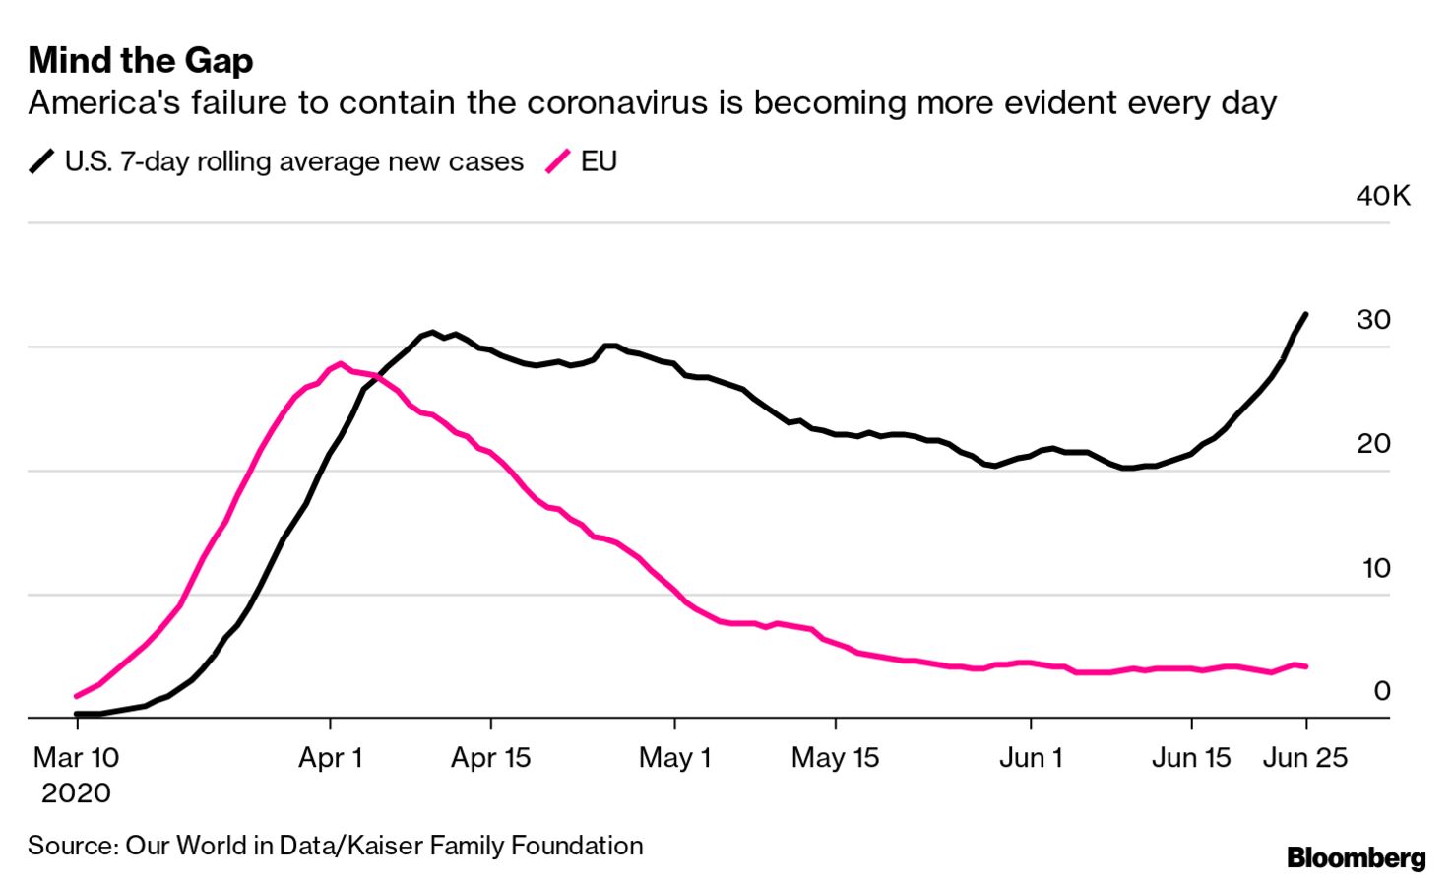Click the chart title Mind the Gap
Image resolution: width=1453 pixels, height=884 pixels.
coord(141,61)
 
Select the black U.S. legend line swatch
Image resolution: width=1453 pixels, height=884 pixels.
coord(41,161)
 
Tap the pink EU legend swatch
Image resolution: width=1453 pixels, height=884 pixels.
coord(558,161)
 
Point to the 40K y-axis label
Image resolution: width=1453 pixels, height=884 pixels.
coord(1382,196)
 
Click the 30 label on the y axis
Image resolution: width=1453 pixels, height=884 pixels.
coord(1373,320)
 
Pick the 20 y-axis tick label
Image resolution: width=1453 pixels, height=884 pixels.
coord(1373,444)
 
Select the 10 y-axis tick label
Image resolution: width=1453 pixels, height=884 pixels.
coord(1375,568)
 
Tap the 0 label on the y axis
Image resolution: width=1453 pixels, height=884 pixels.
coord(1382,691)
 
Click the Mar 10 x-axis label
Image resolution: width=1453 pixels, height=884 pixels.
coord(76,758)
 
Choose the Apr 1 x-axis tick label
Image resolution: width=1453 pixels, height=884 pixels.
coord(331,758)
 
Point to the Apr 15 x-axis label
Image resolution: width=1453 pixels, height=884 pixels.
coord(490,758)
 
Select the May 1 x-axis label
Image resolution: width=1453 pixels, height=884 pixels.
coord(674,758)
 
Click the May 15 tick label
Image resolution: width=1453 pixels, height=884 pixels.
coord(835,758)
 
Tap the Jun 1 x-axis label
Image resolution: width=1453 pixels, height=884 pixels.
coord(1031,758)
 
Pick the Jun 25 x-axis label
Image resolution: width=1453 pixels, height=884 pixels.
coord(1305,758)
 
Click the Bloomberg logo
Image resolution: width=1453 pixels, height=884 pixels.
coord(1356,858)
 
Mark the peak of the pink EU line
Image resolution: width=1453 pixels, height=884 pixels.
coord(341,363)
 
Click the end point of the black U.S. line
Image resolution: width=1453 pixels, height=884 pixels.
coord(1305,314)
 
